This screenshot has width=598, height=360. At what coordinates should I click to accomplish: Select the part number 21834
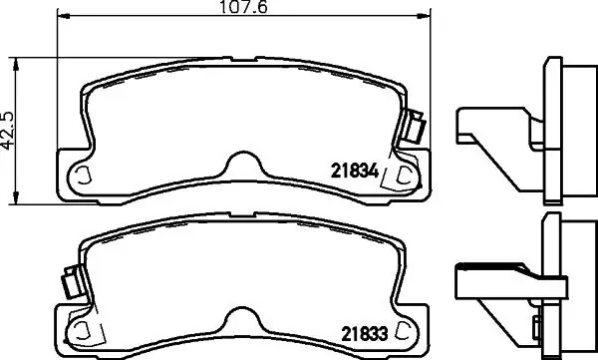point(351,172)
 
